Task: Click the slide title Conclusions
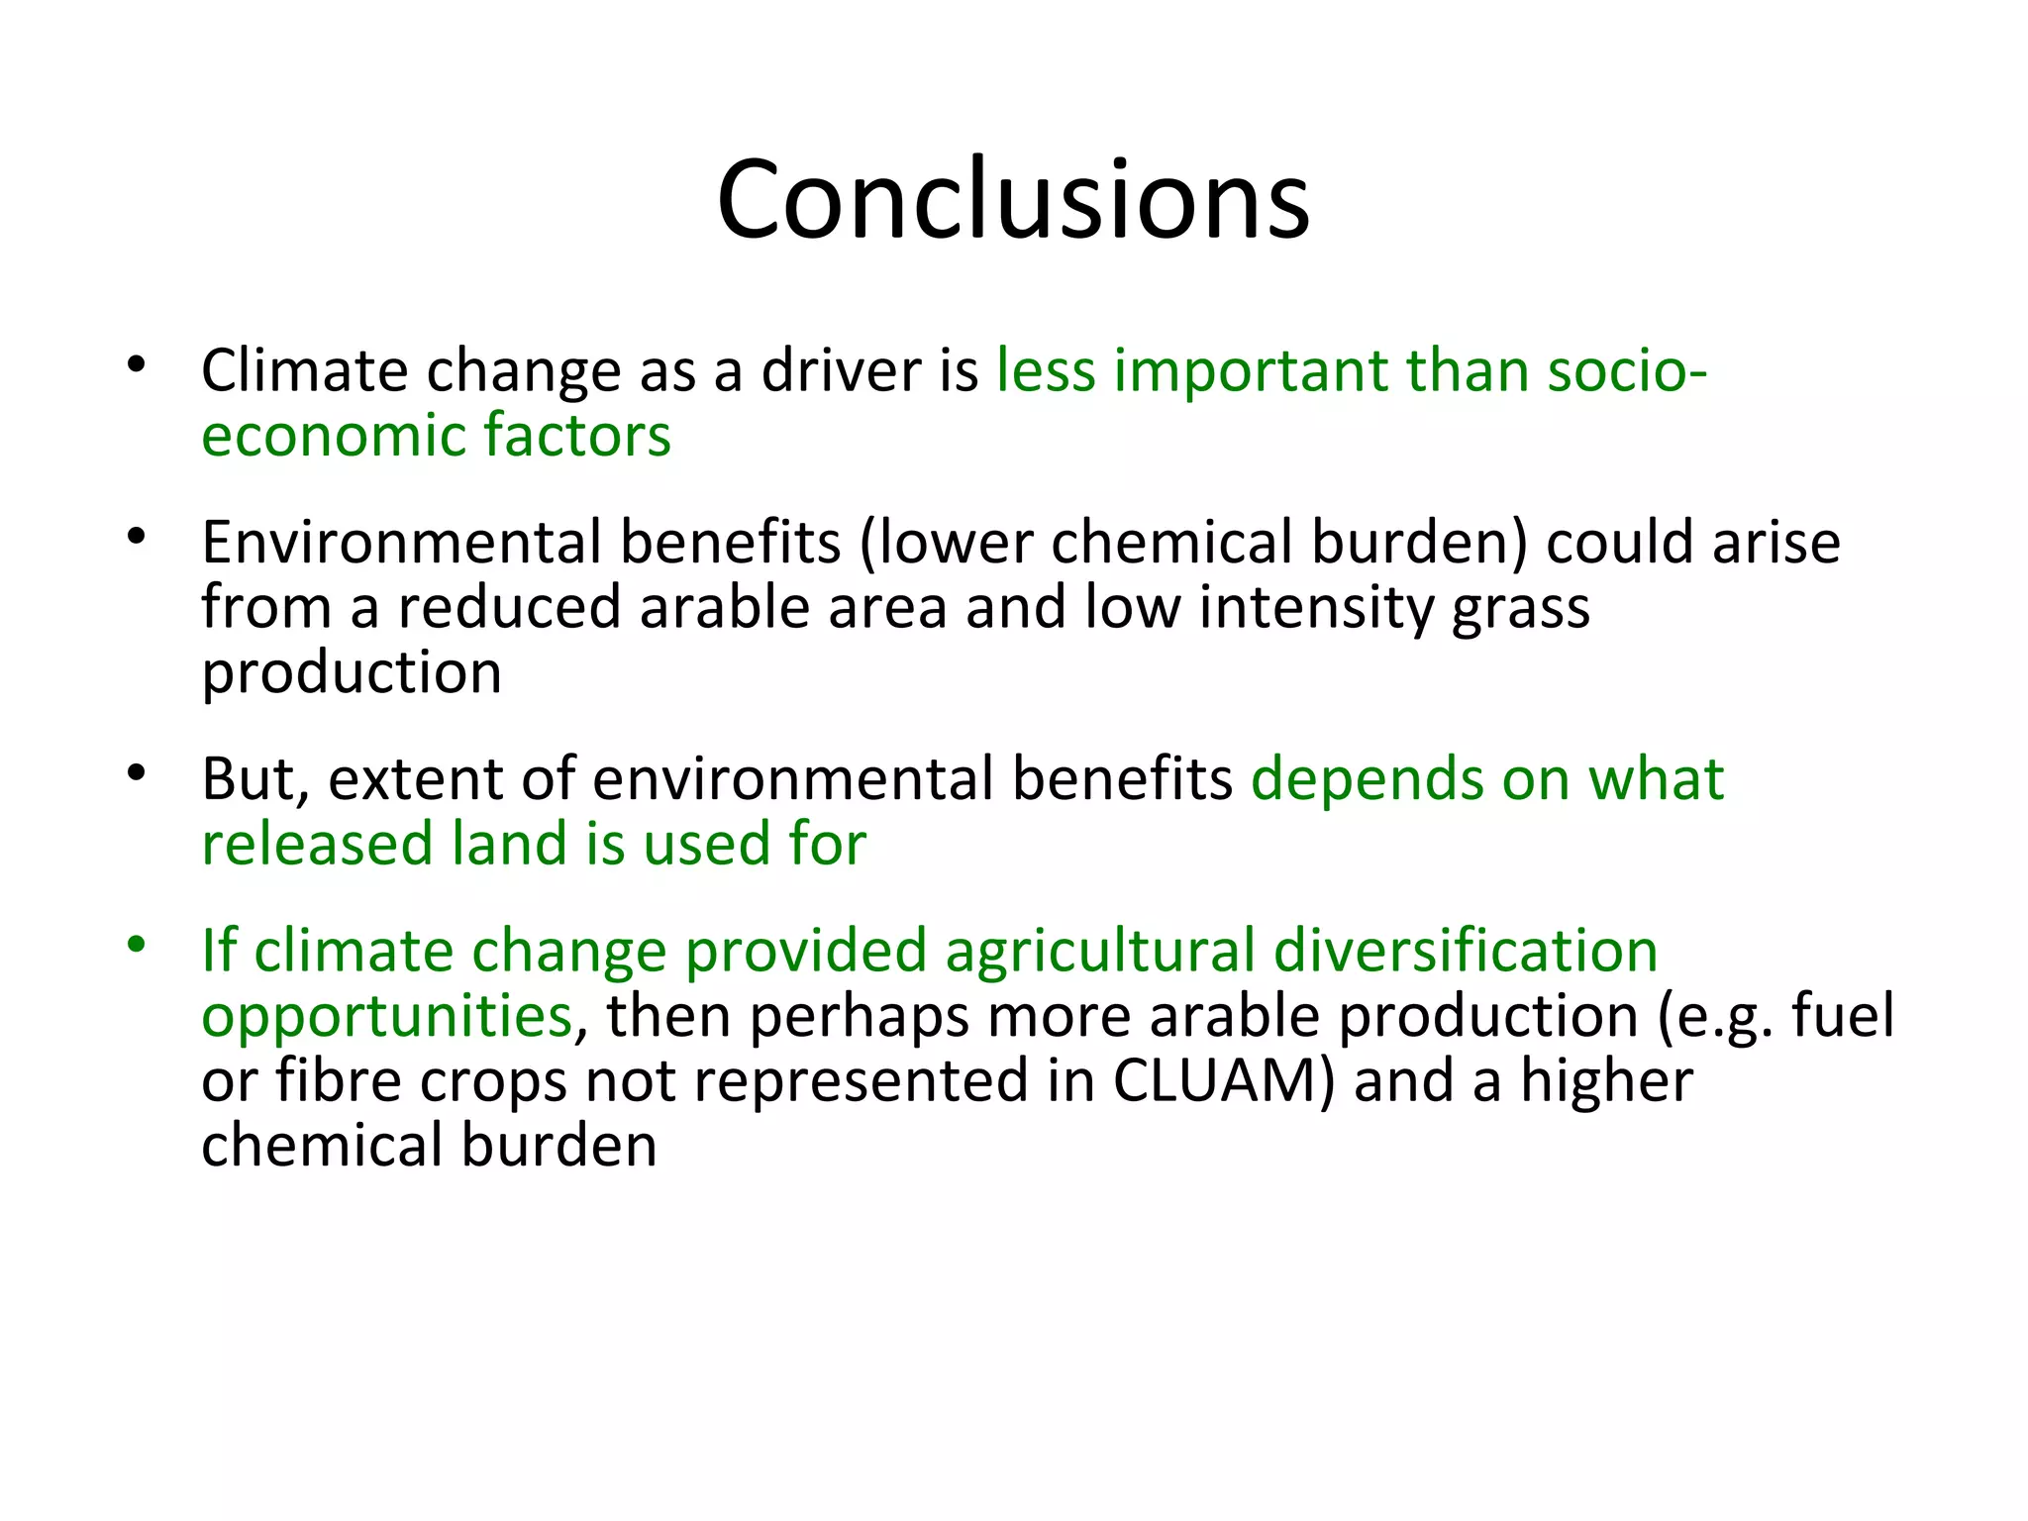[1013, 200]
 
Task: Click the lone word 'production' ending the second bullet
[352, 674]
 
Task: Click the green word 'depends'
[1367, 779]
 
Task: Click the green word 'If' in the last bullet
[219, 951]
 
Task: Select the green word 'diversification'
[1466, 951]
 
